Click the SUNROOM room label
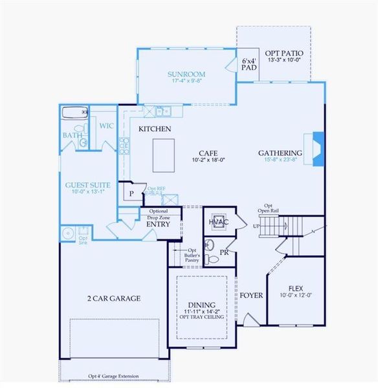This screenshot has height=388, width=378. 186,74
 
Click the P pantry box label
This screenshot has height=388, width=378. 131,193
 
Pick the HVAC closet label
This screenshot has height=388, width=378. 218,222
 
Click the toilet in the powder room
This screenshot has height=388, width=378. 209,246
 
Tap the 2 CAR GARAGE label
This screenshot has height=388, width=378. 114,298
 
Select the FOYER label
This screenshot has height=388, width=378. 251,296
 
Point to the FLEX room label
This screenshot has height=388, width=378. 295,288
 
